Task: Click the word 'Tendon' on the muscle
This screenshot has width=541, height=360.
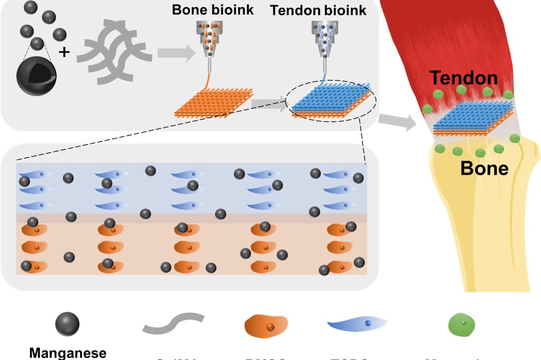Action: (464, 78)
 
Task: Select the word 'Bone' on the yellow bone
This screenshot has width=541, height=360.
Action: (484, 169)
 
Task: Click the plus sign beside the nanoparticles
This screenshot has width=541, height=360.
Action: (64, 51)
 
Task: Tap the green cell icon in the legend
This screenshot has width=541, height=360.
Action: (461, 325)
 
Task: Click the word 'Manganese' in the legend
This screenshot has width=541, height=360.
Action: (67, 353)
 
